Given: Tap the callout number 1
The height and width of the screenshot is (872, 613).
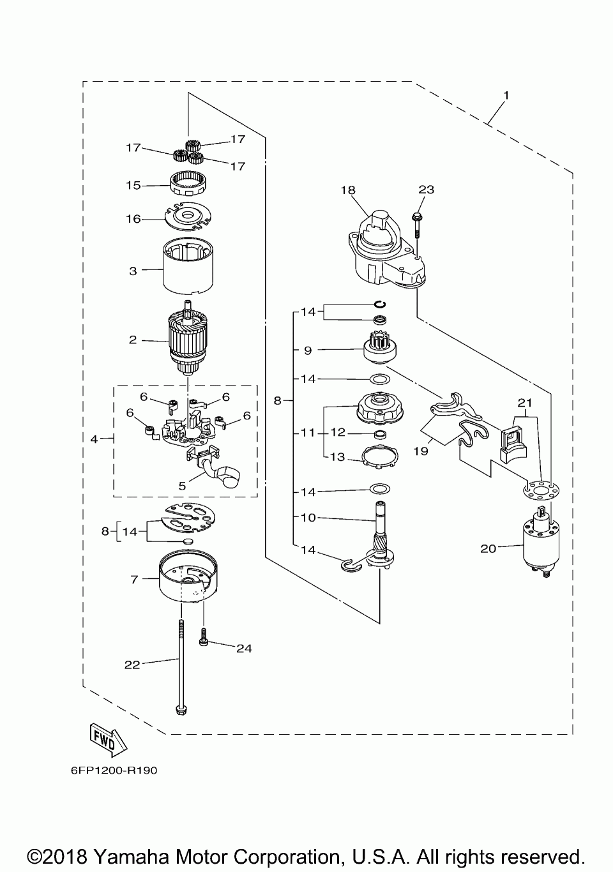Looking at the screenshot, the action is click(506, 95).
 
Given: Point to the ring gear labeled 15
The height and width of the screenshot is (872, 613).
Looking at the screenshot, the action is click(189, 185).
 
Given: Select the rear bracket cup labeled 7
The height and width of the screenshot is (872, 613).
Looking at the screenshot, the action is click(188, 576).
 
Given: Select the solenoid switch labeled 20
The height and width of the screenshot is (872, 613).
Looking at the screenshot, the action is click(541, 541).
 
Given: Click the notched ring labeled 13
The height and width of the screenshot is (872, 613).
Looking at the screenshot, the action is click(379, 457).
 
